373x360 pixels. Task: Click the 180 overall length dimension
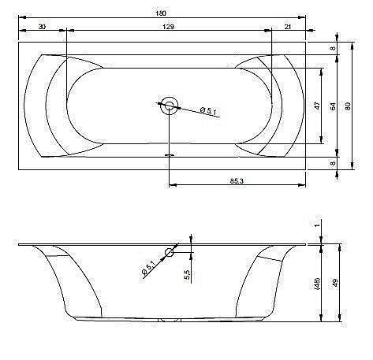coord(161,13)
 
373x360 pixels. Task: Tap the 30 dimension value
coord(42,27)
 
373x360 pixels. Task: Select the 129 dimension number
coord(168,27)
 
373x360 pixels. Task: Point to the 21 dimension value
coord(288,27)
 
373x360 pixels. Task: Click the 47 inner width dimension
coord(318,106)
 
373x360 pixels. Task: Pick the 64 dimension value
coord(333,106)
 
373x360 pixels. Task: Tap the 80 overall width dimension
coord(348,106)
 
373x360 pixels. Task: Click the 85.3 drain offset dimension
coord(237,181)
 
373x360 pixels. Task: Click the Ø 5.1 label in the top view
coord(208,111)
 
